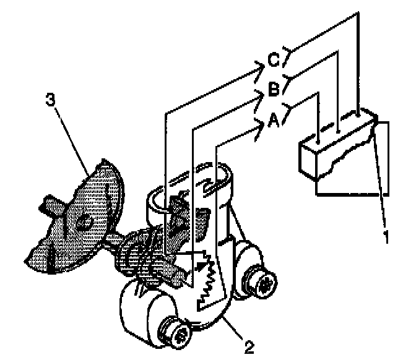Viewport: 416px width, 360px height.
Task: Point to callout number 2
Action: coord(249,346)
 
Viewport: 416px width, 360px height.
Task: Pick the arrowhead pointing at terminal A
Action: coord(260,126)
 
